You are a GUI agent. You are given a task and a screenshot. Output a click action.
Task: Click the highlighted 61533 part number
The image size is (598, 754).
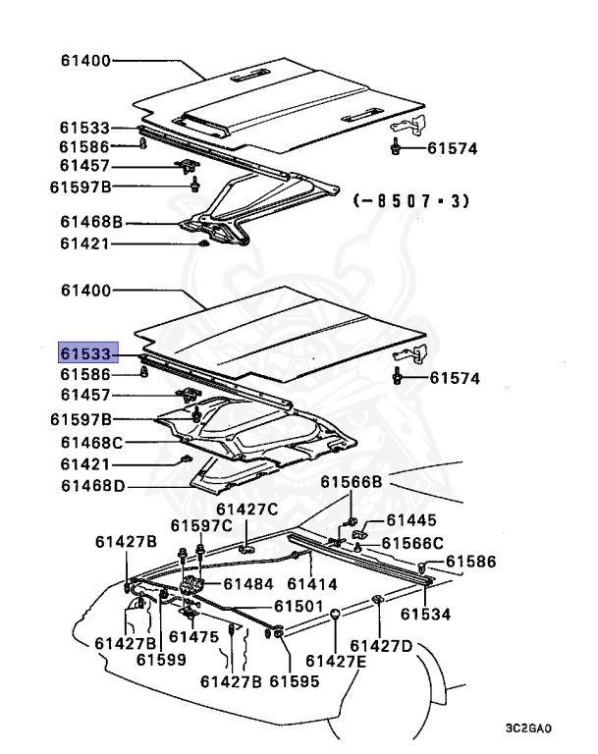coord(87,353)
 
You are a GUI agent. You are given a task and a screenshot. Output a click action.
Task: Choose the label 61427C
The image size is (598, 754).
coord(247,509)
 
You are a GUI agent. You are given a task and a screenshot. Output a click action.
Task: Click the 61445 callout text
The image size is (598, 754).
coord(411,520)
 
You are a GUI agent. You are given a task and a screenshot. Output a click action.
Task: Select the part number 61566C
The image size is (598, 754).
coord(412,543)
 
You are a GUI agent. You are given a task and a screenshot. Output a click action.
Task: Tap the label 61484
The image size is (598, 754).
coord(247,583)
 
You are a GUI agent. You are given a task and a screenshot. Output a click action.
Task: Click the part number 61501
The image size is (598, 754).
coord(299,606)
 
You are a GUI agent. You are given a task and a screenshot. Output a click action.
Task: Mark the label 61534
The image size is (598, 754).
coord(425,615)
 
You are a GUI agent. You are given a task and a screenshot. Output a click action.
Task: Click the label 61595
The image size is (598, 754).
coord(295,681)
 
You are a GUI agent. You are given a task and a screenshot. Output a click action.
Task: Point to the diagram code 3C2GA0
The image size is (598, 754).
coord(529,730)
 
